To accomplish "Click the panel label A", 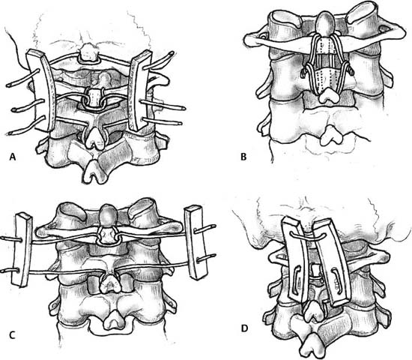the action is click(12, 157).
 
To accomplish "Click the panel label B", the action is click(243, 157).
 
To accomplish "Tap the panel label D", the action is click(244, 328).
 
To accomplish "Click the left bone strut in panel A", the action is click(41, 91).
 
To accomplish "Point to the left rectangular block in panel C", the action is click(22, 250).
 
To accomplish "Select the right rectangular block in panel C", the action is click(196, 242).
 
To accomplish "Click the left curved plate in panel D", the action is click(295, 260).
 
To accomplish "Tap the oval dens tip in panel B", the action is click(325, 24).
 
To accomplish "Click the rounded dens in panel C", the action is click(107, 215).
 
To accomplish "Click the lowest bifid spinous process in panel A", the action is click(94, 172).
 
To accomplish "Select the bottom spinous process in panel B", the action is click(332, 138).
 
